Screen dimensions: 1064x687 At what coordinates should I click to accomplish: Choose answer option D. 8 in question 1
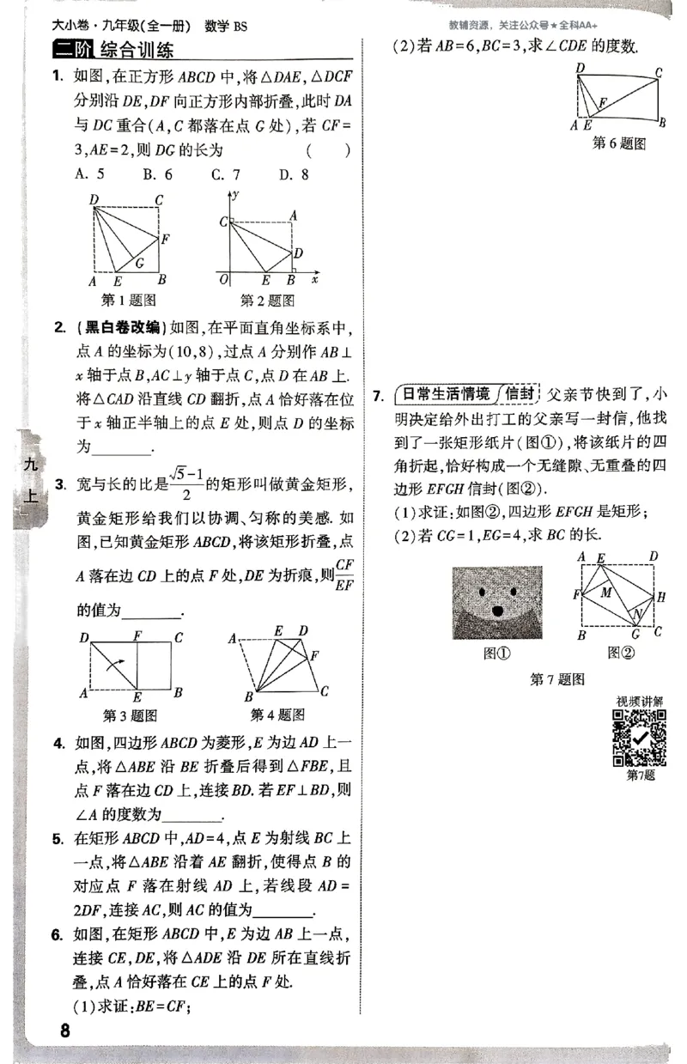[293, 174]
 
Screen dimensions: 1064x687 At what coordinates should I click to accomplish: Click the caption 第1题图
[128, 301]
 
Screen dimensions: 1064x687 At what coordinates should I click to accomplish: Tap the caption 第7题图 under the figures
[557, 679]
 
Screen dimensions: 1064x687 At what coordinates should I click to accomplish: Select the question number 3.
[59, 486]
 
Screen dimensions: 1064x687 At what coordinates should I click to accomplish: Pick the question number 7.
[378, 396]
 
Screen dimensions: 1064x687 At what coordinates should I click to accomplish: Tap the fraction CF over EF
[345, 575]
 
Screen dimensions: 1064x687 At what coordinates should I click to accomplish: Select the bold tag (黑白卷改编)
[119, 327]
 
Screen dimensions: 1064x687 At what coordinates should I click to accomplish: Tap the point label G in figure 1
[139, 261]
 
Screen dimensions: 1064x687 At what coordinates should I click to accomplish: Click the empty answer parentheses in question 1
[334, 151]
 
